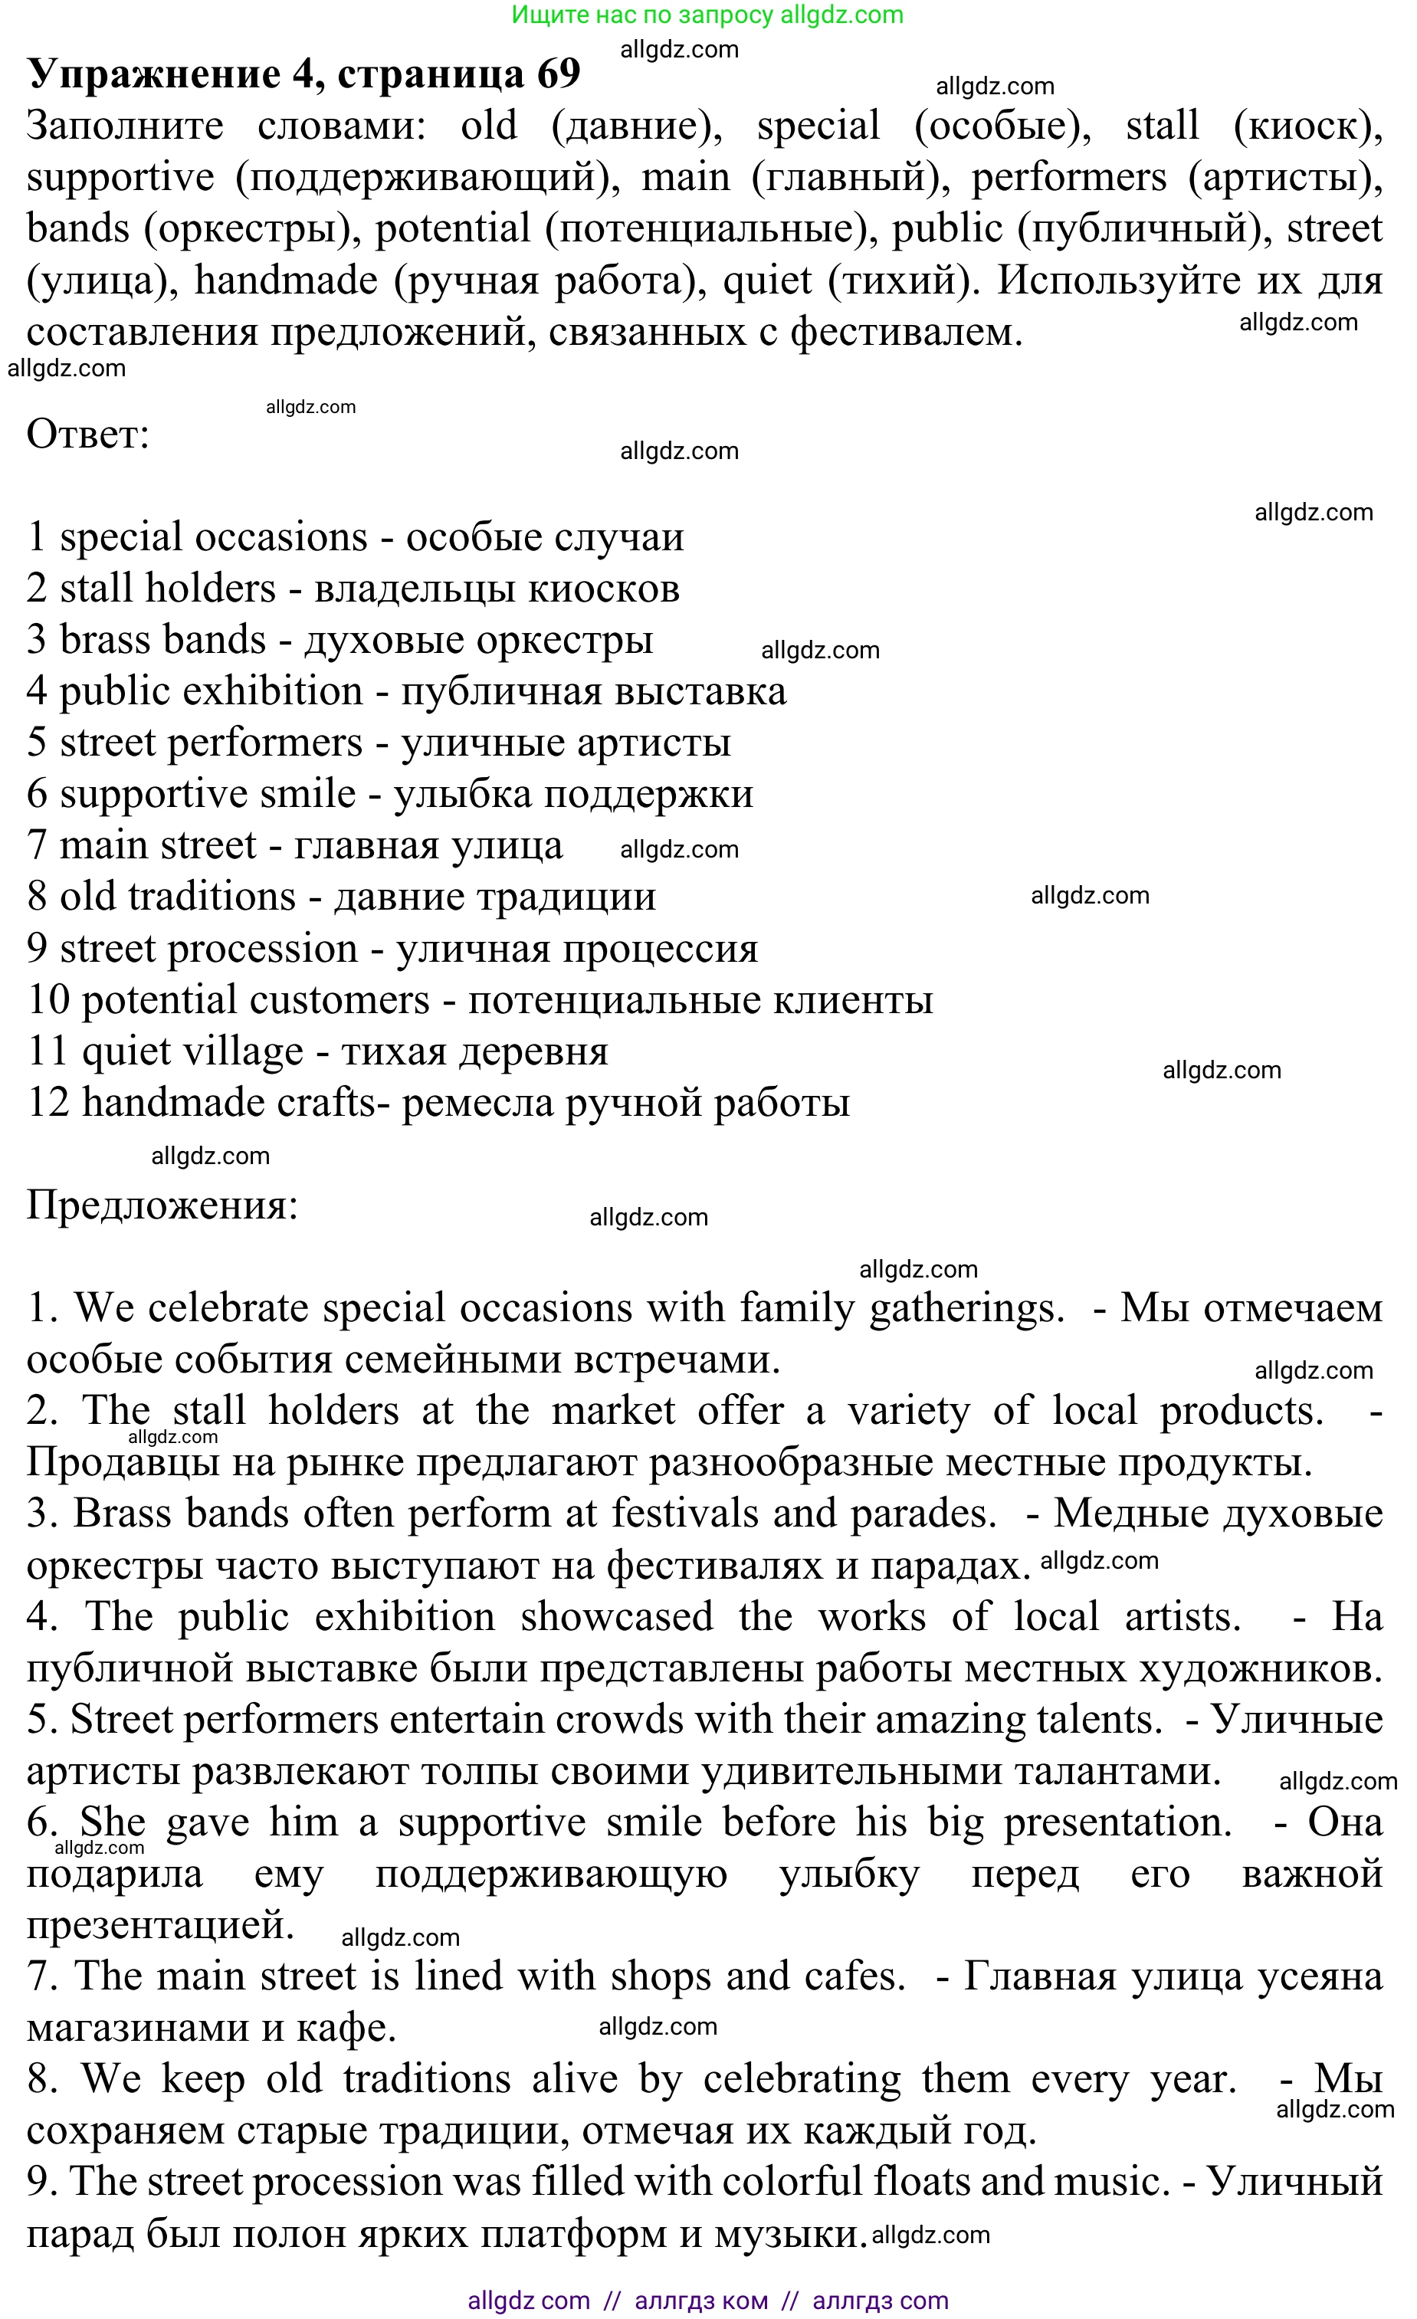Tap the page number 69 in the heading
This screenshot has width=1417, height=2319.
point(558,74)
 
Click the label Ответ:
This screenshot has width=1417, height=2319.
point(88,435)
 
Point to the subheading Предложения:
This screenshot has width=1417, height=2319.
point(162,1205)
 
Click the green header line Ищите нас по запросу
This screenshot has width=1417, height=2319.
point(707,15)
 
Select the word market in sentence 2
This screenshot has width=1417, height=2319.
point(612,1412)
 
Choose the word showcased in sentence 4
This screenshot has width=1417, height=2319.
point(616,1617)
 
